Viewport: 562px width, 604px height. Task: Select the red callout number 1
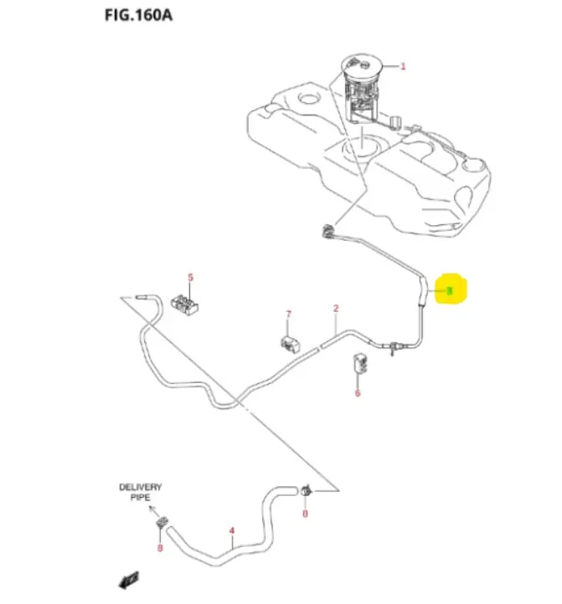[403, 66]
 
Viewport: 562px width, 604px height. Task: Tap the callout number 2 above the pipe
[336, 309]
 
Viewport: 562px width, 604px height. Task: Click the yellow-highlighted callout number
[450, 290]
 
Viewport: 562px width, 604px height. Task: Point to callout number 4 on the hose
[231, 530]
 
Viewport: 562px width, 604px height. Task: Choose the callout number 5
[190, 277]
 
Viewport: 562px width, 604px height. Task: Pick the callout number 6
[357, 392]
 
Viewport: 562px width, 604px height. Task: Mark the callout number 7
[288, 315]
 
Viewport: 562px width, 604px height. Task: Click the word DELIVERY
[140, 487]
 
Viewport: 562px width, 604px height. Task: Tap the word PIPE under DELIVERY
[140, 498]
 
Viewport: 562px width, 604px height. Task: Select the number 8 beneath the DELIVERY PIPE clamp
[159, 549]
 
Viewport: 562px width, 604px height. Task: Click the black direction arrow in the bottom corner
[130, 578]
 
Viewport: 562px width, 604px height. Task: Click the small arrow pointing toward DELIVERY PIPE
[151, 508]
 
